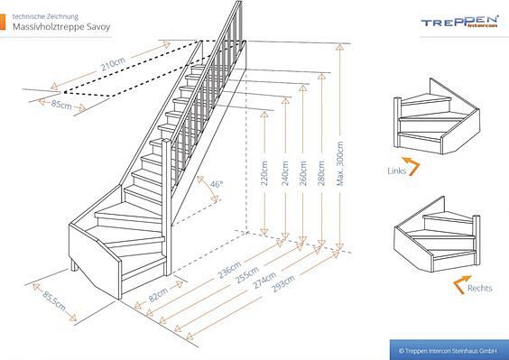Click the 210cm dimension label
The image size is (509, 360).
pos(114,67)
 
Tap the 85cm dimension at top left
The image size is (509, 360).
pos(62,106)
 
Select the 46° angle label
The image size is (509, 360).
pos(216,184)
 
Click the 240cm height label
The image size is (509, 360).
pos(284,171)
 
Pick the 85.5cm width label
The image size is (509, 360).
pos(54,301)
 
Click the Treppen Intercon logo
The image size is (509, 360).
pos(460,23)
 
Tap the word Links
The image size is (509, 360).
pos(396,170)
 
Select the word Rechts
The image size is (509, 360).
pos(479,289)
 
